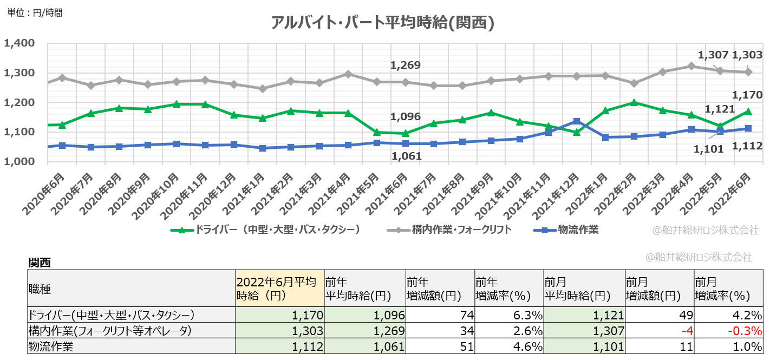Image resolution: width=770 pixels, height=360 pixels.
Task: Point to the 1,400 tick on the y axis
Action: (19, 43)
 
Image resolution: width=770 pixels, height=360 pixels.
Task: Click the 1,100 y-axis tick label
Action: (19, 132)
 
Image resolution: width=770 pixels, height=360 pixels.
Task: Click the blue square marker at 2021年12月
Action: (577, 121)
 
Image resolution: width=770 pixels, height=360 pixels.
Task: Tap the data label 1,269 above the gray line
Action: (406, 66)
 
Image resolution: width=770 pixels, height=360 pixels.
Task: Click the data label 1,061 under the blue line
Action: (406, 156)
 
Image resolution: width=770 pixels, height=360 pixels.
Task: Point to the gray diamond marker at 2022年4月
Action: (691, 66)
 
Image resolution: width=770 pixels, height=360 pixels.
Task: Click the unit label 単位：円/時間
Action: (35, 13)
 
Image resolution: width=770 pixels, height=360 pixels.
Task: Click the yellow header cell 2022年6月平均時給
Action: (279, 289)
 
